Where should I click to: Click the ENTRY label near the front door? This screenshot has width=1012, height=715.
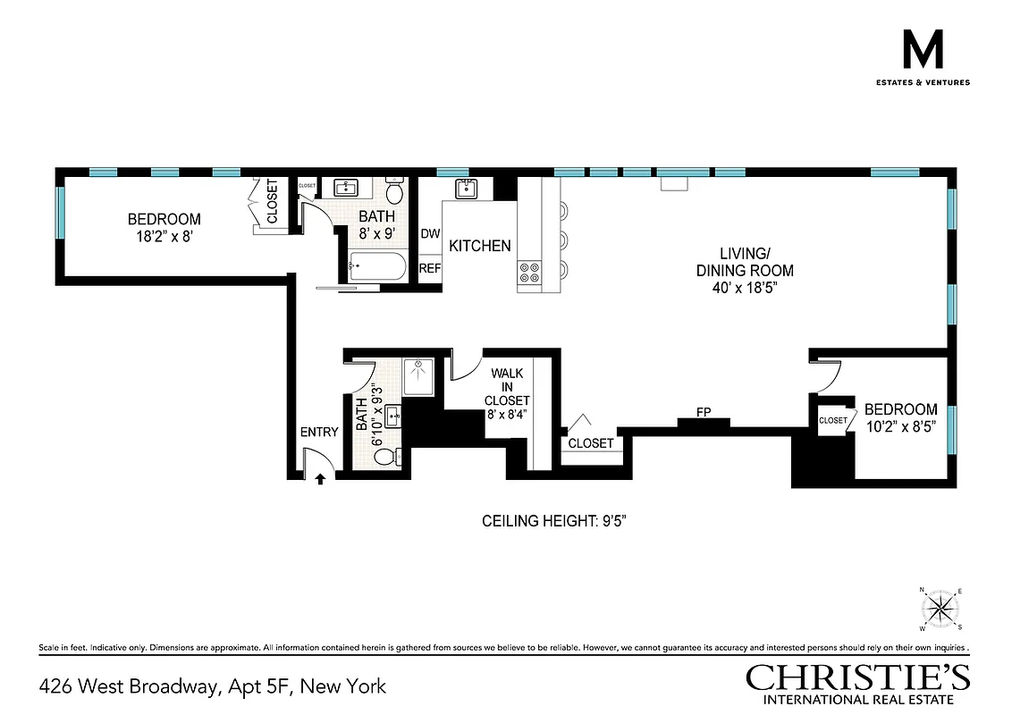319,433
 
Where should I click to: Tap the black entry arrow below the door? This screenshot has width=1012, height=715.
320,480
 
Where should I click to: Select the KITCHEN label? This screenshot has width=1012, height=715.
480,246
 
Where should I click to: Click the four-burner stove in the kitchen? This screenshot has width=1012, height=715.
529,272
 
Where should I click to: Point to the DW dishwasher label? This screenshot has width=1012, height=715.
430,234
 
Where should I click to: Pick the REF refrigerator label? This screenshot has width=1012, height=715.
430,268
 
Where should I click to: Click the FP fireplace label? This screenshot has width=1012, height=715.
704,412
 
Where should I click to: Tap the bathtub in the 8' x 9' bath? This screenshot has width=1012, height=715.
374,265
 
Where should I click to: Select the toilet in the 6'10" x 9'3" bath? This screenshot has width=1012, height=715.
385,457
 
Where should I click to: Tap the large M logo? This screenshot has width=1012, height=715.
923,52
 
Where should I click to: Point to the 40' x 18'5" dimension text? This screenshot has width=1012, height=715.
745,288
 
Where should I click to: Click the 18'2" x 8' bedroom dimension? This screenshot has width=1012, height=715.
164,236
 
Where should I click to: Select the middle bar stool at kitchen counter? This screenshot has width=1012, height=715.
564,240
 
